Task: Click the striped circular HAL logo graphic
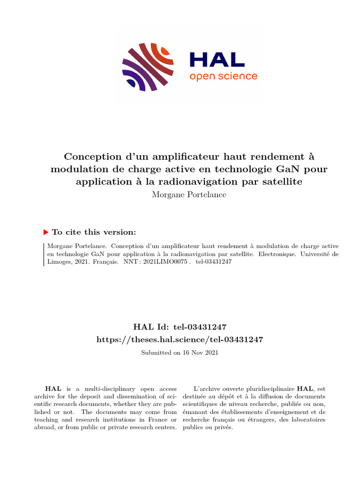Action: [x=148, y=66]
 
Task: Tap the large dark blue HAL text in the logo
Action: [x=217, y=60]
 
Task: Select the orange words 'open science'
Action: [x=223, y=76]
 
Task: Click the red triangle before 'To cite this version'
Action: [x=45, y=232]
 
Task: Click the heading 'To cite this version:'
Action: [x=94, y=232]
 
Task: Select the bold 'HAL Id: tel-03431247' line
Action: [x=180, y=327]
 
